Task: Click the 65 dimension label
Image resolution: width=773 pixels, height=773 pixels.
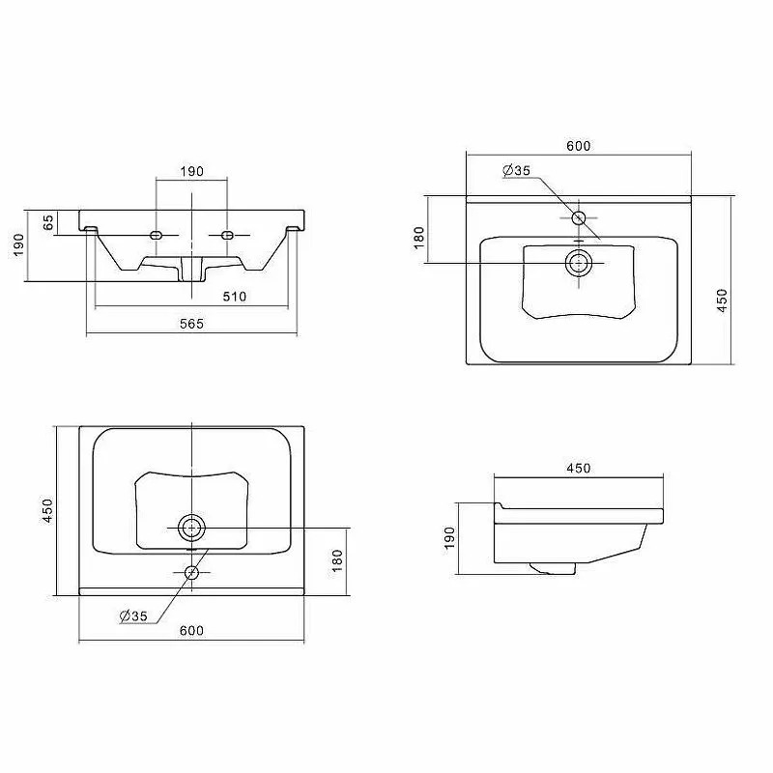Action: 47,222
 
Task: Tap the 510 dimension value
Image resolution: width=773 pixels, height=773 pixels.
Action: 234,297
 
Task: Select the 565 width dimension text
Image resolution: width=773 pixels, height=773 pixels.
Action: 191,324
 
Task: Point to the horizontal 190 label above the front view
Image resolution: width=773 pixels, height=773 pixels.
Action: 191,171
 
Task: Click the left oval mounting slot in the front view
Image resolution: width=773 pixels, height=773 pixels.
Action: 156,235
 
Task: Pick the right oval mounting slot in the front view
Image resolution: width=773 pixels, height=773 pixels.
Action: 227,235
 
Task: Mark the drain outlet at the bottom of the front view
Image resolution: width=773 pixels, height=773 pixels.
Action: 191,270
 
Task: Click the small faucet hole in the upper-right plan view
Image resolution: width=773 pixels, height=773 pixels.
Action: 578,217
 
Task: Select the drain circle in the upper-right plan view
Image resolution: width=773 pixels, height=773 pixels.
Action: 578,263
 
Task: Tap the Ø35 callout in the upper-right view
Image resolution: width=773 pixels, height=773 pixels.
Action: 516,170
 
